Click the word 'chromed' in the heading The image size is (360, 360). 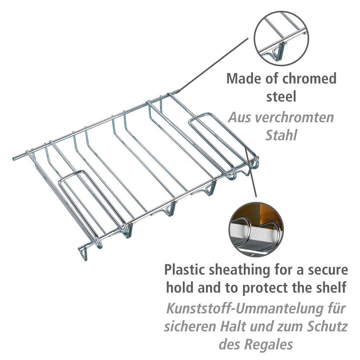tap(309, 78)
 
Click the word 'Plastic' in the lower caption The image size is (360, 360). tap(186, 270)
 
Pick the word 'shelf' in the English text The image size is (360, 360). tap(331, 288)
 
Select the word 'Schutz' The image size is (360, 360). tap(328, 327)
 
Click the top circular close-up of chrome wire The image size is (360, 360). tap(281, 39)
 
